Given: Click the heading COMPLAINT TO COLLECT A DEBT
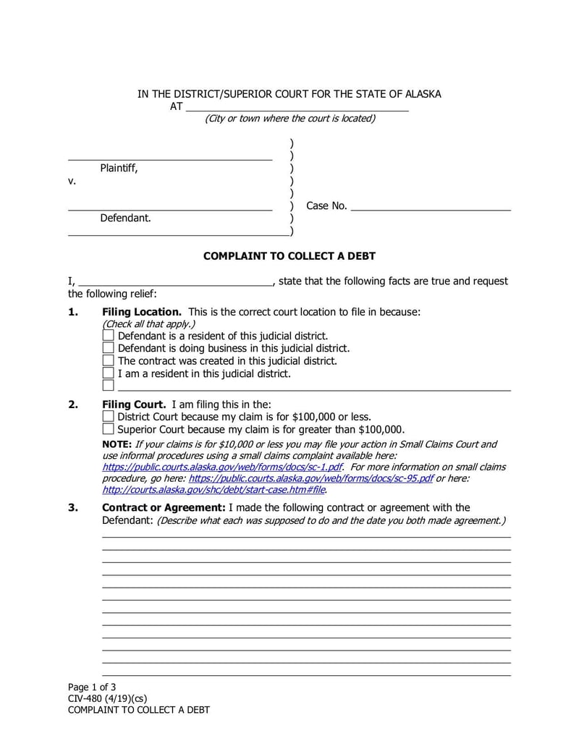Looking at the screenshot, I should coord(289,256).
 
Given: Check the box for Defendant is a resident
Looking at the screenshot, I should coord(109,336).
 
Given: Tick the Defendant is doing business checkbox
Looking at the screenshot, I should coord(109,348).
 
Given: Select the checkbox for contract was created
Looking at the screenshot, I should coord(109,360).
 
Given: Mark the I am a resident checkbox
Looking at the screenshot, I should coord(109,373).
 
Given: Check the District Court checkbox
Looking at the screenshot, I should coord(109,416).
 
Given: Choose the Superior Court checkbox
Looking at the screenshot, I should coord(109,428).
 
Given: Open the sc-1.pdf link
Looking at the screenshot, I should coord(221,467).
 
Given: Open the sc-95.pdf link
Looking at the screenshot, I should coord(311,478).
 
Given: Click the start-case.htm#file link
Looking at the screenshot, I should coord(214,489).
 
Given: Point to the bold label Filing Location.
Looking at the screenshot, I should coord(142,312).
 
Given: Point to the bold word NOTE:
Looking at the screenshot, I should coord(117,444).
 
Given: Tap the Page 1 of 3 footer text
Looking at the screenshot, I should coord(92,687).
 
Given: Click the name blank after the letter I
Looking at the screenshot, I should coord(174,283).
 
